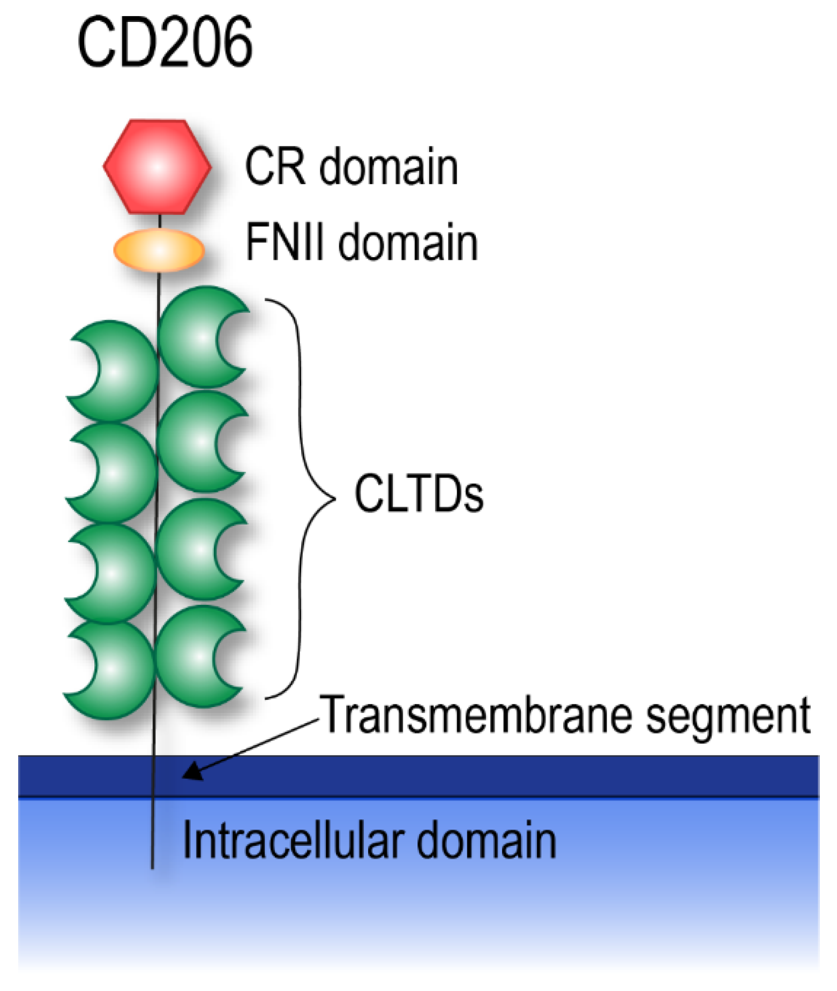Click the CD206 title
[x=165, y=43]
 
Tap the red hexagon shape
[x=157, y=167]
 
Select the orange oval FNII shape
[x=159, y=250]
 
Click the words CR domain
[x=351, y=167]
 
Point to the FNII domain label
[x=362, y=243]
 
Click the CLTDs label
[x=418, y=494]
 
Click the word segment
[x=728, y=716]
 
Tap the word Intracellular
[x=293, y=841]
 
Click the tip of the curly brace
[x=334, y=499]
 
